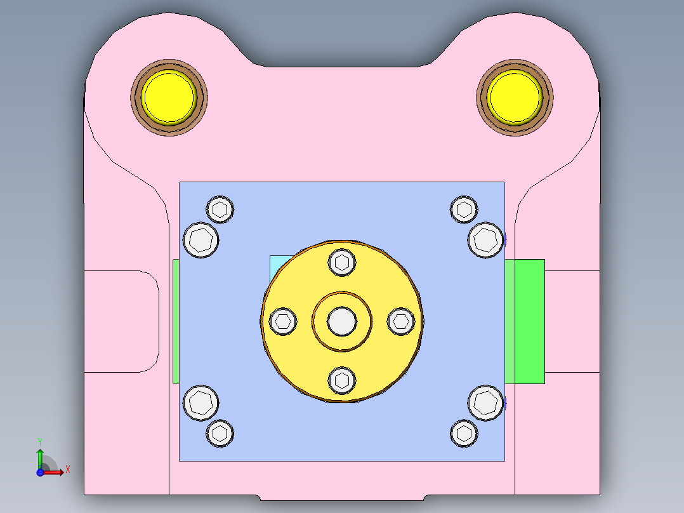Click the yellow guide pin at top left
click(169, 97)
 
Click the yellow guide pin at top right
click(515, 97)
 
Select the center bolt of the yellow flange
click(342, 321)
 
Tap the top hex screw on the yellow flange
click(342, 262)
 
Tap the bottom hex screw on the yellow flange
click(342, 380)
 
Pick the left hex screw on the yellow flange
click(283, 321)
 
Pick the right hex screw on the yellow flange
click(401, 321)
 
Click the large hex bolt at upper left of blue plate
click(201, 240)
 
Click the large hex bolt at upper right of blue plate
click(486, 240)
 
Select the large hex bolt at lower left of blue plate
click(201, 403)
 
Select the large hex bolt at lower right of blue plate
click(486, 403)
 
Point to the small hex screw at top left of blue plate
click(220, 209)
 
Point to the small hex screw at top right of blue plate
click(464, 209)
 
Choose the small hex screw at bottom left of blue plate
click(220, 433)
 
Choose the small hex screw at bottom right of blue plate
click(464, 433)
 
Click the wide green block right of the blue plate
click(525, 321)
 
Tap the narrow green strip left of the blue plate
click(176, 321)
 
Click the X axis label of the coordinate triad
click(67, 470)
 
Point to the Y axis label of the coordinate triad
click(40, 440)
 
